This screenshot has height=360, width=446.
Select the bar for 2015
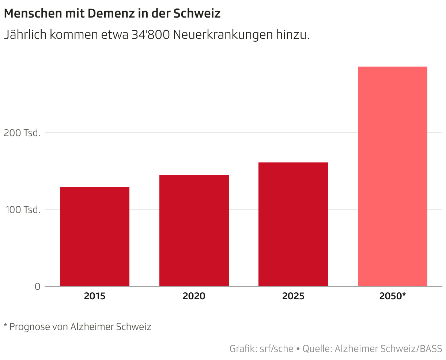[95, 236]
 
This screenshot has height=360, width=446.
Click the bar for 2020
[194, 230]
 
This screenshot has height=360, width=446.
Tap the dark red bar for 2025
[293, 224]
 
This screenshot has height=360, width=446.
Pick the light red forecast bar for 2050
[393, 176]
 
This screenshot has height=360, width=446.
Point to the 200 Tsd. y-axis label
[22, 133]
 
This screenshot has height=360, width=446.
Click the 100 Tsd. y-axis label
[22, 210]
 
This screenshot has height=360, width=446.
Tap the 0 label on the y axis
[37, 287]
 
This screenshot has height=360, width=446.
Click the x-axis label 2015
[95, 296]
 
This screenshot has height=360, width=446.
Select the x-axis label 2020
[194, 296]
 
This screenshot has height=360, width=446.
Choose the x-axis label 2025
[293, 296]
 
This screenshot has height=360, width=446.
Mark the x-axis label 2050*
[393, 296]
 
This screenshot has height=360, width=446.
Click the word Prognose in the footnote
[29, 327]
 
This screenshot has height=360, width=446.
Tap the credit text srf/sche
[276, 349]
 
